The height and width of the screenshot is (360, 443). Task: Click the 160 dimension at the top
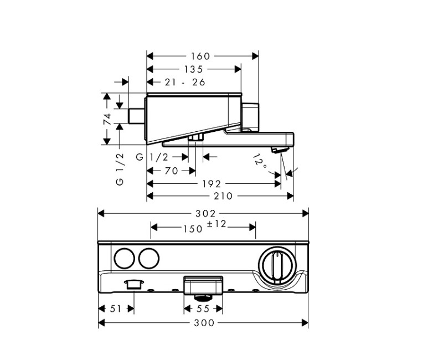tap(200, 56)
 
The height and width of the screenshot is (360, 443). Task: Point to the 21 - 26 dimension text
tap(185, 82)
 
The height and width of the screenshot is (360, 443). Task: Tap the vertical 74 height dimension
tap(107, 119)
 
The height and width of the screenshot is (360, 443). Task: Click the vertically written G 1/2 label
tap(120, 169)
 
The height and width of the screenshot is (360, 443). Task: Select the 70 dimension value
tap(172, 171)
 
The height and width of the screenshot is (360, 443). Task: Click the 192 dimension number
tap(211, 184)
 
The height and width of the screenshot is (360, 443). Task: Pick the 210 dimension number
tap(220, 196)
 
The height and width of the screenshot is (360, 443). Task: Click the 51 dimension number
tap(116, 309)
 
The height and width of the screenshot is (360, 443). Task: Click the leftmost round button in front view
tap(123, 259)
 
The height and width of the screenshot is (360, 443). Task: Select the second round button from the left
tap(148, 259)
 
